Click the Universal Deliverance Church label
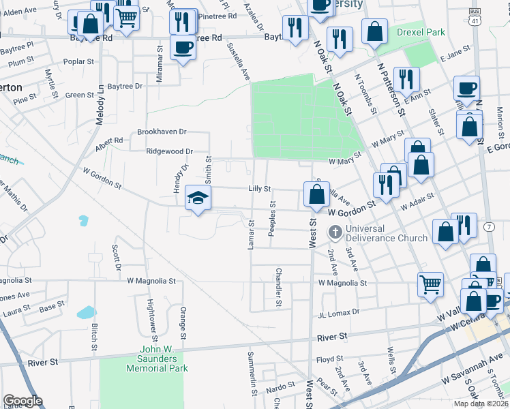(x=386, y=233)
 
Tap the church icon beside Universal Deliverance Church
(x=335, y=232)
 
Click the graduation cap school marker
(x=198, y=198)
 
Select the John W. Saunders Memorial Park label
(x=157, y=363)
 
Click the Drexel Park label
(x=421, y=32)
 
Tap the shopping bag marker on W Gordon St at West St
(x=316, y=196)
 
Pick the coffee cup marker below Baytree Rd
(x=182, y=48)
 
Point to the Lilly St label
(x=260, y=188)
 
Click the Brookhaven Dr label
(x=162, y=132)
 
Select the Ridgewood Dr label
(x=170, y=151)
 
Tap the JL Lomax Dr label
(x=337, y=312)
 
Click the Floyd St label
(x=329, y=359)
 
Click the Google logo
(x=22, y=401)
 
